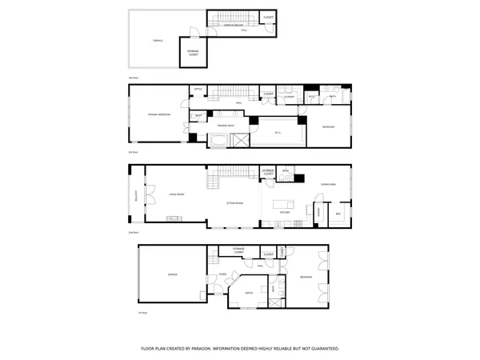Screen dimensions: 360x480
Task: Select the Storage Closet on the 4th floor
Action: (193, 54)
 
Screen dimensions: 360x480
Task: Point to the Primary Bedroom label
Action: (160, 115)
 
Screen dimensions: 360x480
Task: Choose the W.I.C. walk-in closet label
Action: (278, 133)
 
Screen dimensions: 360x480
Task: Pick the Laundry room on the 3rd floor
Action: (290, 97)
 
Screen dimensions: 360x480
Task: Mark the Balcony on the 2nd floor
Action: (135, 196)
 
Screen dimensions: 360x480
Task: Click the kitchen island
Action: (283, 203)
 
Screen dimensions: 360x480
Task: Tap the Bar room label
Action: (338, 214)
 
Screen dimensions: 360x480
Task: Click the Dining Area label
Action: (328, 186)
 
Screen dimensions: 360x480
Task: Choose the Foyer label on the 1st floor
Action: (222, 274)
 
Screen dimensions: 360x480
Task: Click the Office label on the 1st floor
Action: (249, 293)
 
